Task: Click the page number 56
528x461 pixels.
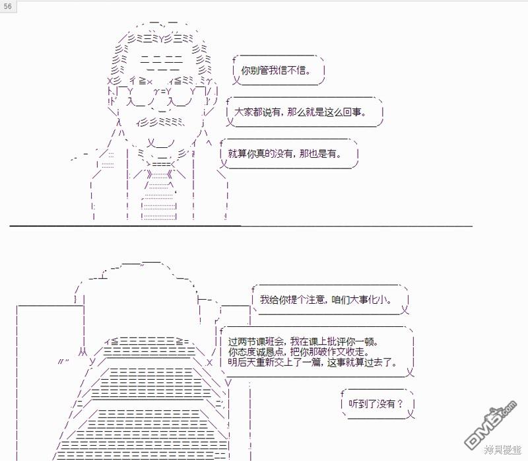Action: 7,5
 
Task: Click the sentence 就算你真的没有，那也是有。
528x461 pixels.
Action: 285,153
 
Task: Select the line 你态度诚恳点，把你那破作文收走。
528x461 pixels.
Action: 304,352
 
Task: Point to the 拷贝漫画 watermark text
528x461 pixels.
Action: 502,450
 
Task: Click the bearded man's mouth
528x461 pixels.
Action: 158,141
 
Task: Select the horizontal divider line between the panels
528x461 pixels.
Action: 241,226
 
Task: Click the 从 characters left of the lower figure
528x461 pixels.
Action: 82,351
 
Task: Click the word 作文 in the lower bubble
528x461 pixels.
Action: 349,352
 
